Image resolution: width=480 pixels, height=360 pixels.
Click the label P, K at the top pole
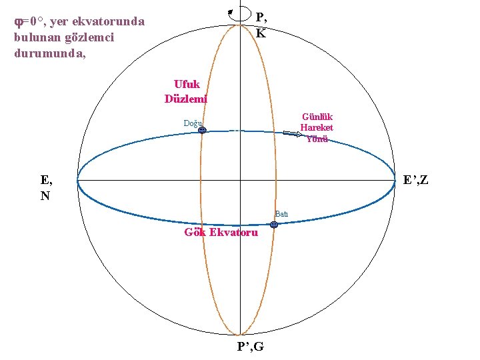coord(261,25)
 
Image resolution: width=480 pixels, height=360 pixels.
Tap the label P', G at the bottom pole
coord(250,346)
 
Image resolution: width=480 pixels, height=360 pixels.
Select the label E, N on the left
coord(47,187)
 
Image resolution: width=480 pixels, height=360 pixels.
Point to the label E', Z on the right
coord(416,180)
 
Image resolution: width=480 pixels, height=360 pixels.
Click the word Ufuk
coord(187,85)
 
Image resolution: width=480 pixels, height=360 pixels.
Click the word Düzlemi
coord(186,99)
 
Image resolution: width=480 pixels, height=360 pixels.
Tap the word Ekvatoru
coord(233,233)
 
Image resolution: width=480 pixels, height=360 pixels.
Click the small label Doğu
coord(193,123)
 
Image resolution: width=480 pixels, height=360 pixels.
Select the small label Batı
coord(281,214)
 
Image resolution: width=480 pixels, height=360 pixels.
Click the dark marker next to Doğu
coord(203,131)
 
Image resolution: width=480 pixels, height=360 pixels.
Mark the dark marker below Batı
coord(274,225)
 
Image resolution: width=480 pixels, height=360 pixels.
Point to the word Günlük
coord(317,116)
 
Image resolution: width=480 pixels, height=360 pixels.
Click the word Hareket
coord(317,127)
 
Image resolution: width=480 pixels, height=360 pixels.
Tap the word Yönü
coord(317,139)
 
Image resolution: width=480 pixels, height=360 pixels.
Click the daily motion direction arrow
coord(293,134)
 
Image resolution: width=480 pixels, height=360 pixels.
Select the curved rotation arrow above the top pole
coord(233,13)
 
